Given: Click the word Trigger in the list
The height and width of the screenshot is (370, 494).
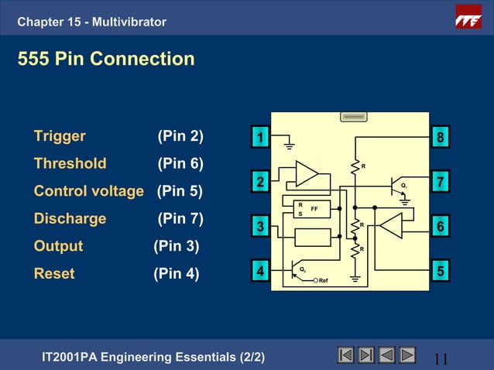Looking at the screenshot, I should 60,137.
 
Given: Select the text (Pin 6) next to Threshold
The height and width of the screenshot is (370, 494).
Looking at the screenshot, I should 180,164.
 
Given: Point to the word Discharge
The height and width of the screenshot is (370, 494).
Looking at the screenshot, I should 70,218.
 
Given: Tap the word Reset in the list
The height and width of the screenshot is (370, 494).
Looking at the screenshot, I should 54,273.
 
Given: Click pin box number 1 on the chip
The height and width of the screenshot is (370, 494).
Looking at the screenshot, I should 261,138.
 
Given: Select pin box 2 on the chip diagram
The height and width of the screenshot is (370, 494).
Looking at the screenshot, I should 261,182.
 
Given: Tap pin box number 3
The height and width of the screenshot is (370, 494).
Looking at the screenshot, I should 261,227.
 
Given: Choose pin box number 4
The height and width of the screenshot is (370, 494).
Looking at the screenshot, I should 261,272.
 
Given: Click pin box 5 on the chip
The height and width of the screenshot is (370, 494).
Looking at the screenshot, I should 440,272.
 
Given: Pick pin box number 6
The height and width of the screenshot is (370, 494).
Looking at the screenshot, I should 440,227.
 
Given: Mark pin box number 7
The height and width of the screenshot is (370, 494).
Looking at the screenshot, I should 440,182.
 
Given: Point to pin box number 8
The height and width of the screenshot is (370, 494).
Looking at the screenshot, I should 440,138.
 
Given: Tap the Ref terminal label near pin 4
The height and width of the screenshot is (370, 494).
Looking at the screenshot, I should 324,280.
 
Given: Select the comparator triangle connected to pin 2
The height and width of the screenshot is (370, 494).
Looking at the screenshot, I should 307,174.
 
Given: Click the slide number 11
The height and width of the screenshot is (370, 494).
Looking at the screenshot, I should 441,358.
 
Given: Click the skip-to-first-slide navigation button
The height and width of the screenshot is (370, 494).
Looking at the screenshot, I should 345,355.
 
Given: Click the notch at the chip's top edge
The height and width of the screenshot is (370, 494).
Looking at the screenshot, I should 354,116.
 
